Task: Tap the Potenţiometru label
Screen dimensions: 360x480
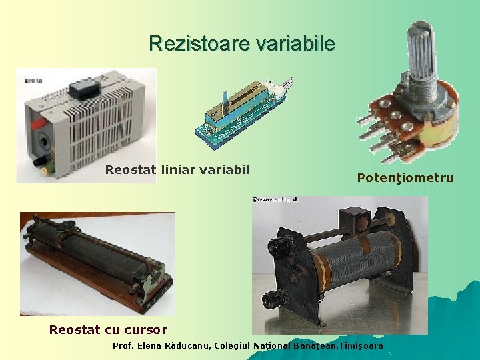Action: coord(405,178)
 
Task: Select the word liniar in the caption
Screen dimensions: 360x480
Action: coord(179,169)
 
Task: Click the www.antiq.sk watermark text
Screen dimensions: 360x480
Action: coord(275,199)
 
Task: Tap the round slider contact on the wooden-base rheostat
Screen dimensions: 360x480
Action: coord(65,227)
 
